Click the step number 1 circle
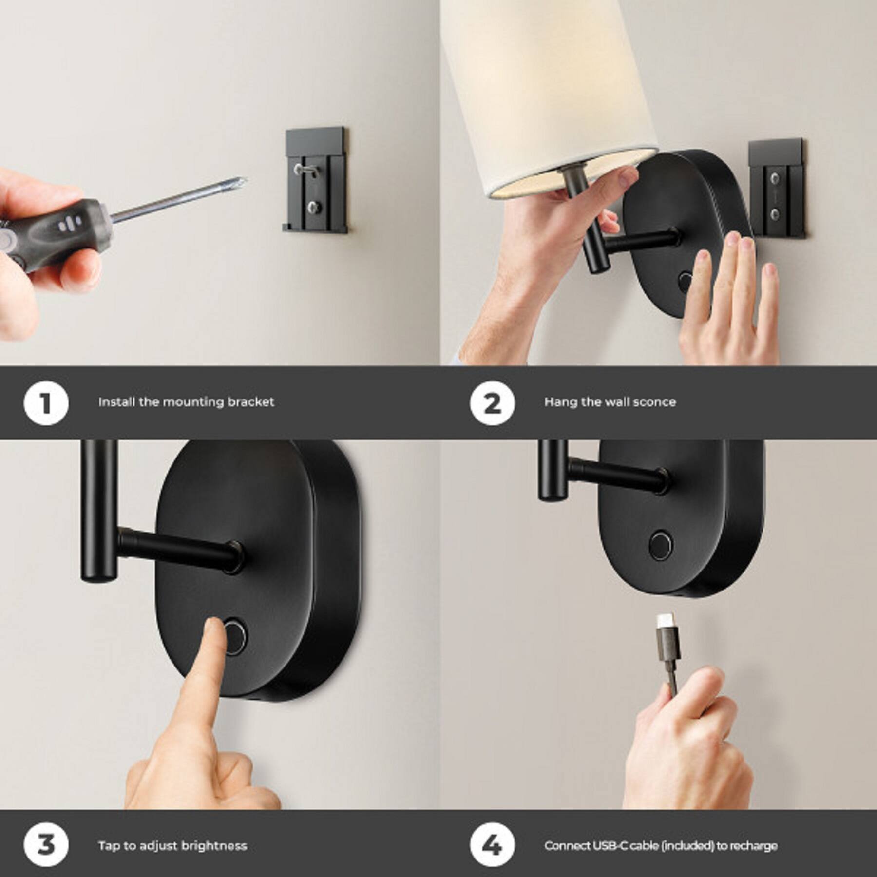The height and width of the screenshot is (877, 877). (46, 403)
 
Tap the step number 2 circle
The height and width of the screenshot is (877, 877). (492, 403)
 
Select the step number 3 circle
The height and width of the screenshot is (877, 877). (46, 845)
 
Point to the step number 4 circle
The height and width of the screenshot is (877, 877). (492, 845)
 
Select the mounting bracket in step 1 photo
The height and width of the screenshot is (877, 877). (316, 180)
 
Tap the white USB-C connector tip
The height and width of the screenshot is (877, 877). (663, 621)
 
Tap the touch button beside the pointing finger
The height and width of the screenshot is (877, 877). (234, 637)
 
